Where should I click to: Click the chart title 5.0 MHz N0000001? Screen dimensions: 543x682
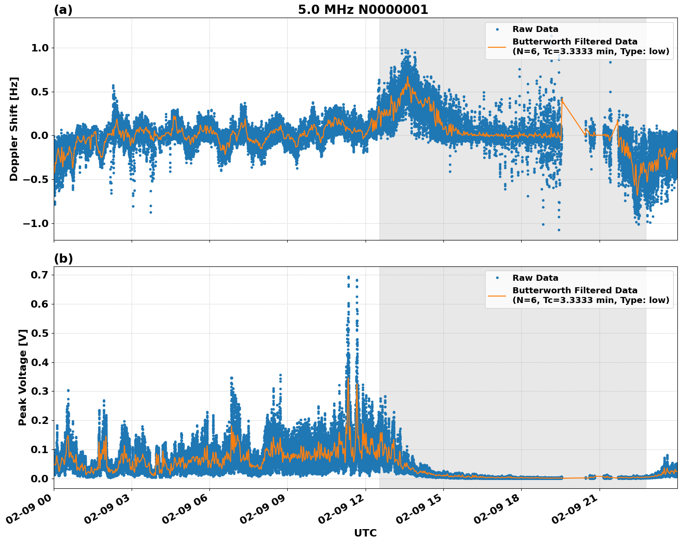click(x=363, y=10)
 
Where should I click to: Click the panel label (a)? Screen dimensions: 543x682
click(x=63, y=10)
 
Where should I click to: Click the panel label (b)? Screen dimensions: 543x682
click(x=63, y=259)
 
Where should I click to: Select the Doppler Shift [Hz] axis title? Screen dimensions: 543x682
click(x=14, y=129)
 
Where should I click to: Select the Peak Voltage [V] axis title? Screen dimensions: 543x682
click(x=22, y=377)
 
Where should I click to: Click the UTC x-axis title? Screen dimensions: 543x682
click(x=365, y=533)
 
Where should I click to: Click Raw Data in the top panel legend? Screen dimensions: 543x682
click(x=535, y=29)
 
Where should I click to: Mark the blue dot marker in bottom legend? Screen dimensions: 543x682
click(x=497, y=278)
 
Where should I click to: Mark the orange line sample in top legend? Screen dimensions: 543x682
click(x=497, y=46)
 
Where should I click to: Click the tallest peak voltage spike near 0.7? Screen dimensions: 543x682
click(x=348, y=277)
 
